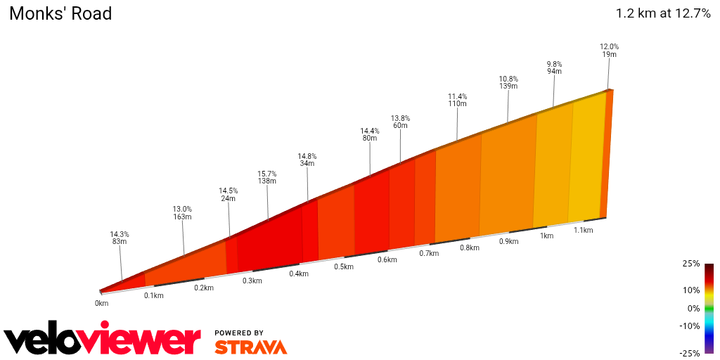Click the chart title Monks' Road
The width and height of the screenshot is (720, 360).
[x=60, y=14]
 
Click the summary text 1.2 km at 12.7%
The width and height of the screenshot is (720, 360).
[x=663, y=13]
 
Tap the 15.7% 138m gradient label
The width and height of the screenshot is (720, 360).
[x=267, y=177]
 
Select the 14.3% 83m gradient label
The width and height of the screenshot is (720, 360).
[x=120, y=238]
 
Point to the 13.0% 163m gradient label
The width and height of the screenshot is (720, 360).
[x=182, y=212]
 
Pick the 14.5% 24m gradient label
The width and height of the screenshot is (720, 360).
[x=228, y=194]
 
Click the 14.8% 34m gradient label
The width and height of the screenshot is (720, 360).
[x=307, y=160]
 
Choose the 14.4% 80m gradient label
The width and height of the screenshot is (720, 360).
[x=369, y=134]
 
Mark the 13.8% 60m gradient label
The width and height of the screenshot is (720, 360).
[x=400, y=122]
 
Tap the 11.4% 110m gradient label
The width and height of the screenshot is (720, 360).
[x=457, y=100]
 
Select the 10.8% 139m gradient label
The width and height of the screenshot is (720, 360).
[x=508, y=82]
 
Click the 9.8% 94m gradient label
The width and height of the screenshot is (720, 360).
[x=554, y=67]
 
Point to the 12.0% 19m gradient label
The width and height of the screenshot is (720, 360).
[x=609, y=51]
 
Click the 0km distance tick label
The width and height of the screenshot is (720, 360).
[x=102, y=303]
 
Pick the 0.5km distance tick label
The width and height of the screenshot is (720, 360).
[x=344, y=266]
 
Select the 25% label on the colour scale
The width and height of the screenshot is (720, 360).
[x=690, y=264]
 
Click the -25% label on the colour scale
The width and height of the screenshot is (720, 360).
[x=690, y=353]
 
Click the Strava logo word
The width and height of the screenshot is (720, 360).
[x=250, y=347]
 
